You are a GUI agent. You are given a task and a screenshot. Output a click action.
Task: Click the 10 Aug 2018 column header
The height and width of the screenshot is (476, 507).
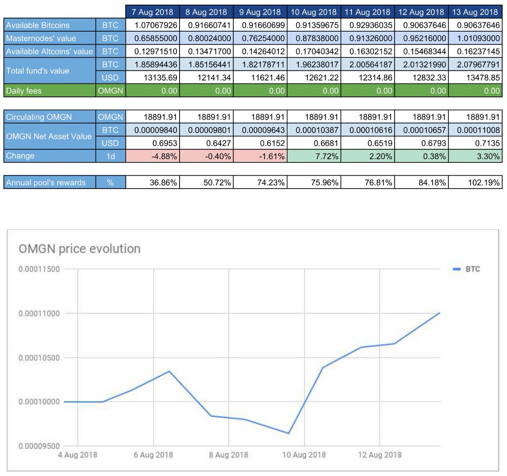[313, 12]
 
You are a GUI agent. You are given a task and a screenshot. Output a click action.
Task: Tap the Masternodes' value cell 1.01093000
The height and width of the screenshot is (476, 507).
[475, 38]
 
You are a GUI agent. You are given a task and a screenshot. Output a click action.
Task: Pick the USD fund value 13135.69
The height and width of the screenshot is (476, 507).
[153, 78]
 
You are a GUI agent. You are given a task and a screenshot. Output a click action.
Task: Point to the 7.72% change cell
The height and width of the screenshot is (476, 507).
[313, 156]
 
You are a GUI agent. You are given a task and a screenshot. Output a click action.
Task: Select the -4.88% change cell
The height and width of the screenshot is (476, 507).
[153, 156]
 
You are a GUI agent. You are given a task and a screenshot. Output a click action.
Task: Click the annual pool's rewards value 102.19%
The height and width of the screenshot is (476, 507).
[475, 183]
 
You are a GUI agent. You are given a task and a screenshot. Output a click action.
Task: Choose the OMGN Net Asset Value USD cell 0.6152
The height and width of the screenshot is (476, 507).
[260, 143]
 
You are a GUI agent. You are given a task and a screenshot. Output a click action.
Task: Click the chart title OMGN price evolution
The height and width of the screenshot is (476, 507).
[79, 249]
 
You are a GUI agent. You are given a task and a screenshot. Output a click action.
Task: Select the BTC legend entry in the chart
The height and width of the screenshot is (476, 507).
[467, 269]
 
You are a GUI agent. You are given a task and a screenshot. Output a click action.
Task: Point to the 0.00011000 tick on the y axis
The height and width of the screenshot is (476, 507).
[39, 314]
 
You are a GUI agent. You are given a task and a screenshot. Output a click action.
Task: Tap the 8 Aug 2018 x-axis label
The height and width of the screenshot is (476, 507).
[229, 455]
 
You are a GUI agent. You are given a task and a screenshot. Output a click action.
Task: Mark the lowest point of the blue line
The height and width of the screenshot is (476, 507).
[289, 433]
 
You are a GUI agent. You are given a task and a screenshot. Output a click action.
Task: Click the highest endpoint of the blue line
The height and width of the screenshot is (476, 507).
[439, 313]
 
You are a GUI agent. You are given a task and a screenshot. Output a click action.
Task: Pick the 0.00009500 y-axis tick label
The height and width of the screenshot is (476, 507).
[39, 446]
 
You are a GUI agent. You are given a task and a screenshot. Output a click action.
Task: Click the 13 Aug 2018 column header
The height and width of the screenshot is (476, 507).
[475, 12]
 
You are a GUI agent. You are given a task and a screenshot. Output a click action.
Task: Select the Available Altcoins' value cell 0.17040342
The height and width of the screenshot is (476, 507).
[313, 51]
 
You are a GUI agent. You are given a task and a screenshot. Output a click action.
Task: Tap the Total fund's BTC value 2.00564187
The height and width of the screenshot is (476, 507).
[367, 65]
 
